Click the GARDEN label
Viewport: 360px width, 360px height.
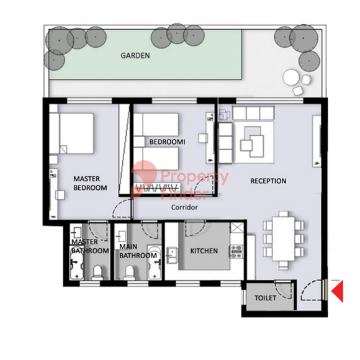pos(135,56)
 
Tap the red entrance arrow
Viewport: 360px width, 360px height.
pos(337,291)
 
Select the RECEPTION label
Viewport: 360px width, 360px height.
pos(268,181)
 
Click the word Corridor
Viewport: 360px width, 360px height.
pos(184,207)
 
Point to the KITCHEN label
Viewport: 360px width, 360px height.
pos(204,251)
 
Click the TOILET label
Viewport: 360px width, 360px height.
pos(265,298)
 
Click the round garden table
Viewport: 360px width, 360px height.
pos(291,78)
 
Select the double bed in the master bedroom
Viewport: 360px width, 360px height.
pos(71,133)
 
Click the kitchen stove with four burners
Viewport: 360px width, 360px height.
pos(237,251)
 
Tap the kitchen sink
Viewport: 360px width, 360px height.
pos(171,255)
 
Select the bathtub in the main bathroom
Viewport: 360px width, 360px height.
pos(155,263)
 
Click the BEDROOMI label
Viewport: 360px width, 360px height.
pos(167,142)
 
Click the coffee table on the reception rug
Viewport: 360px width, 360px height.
pos(252,142)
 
